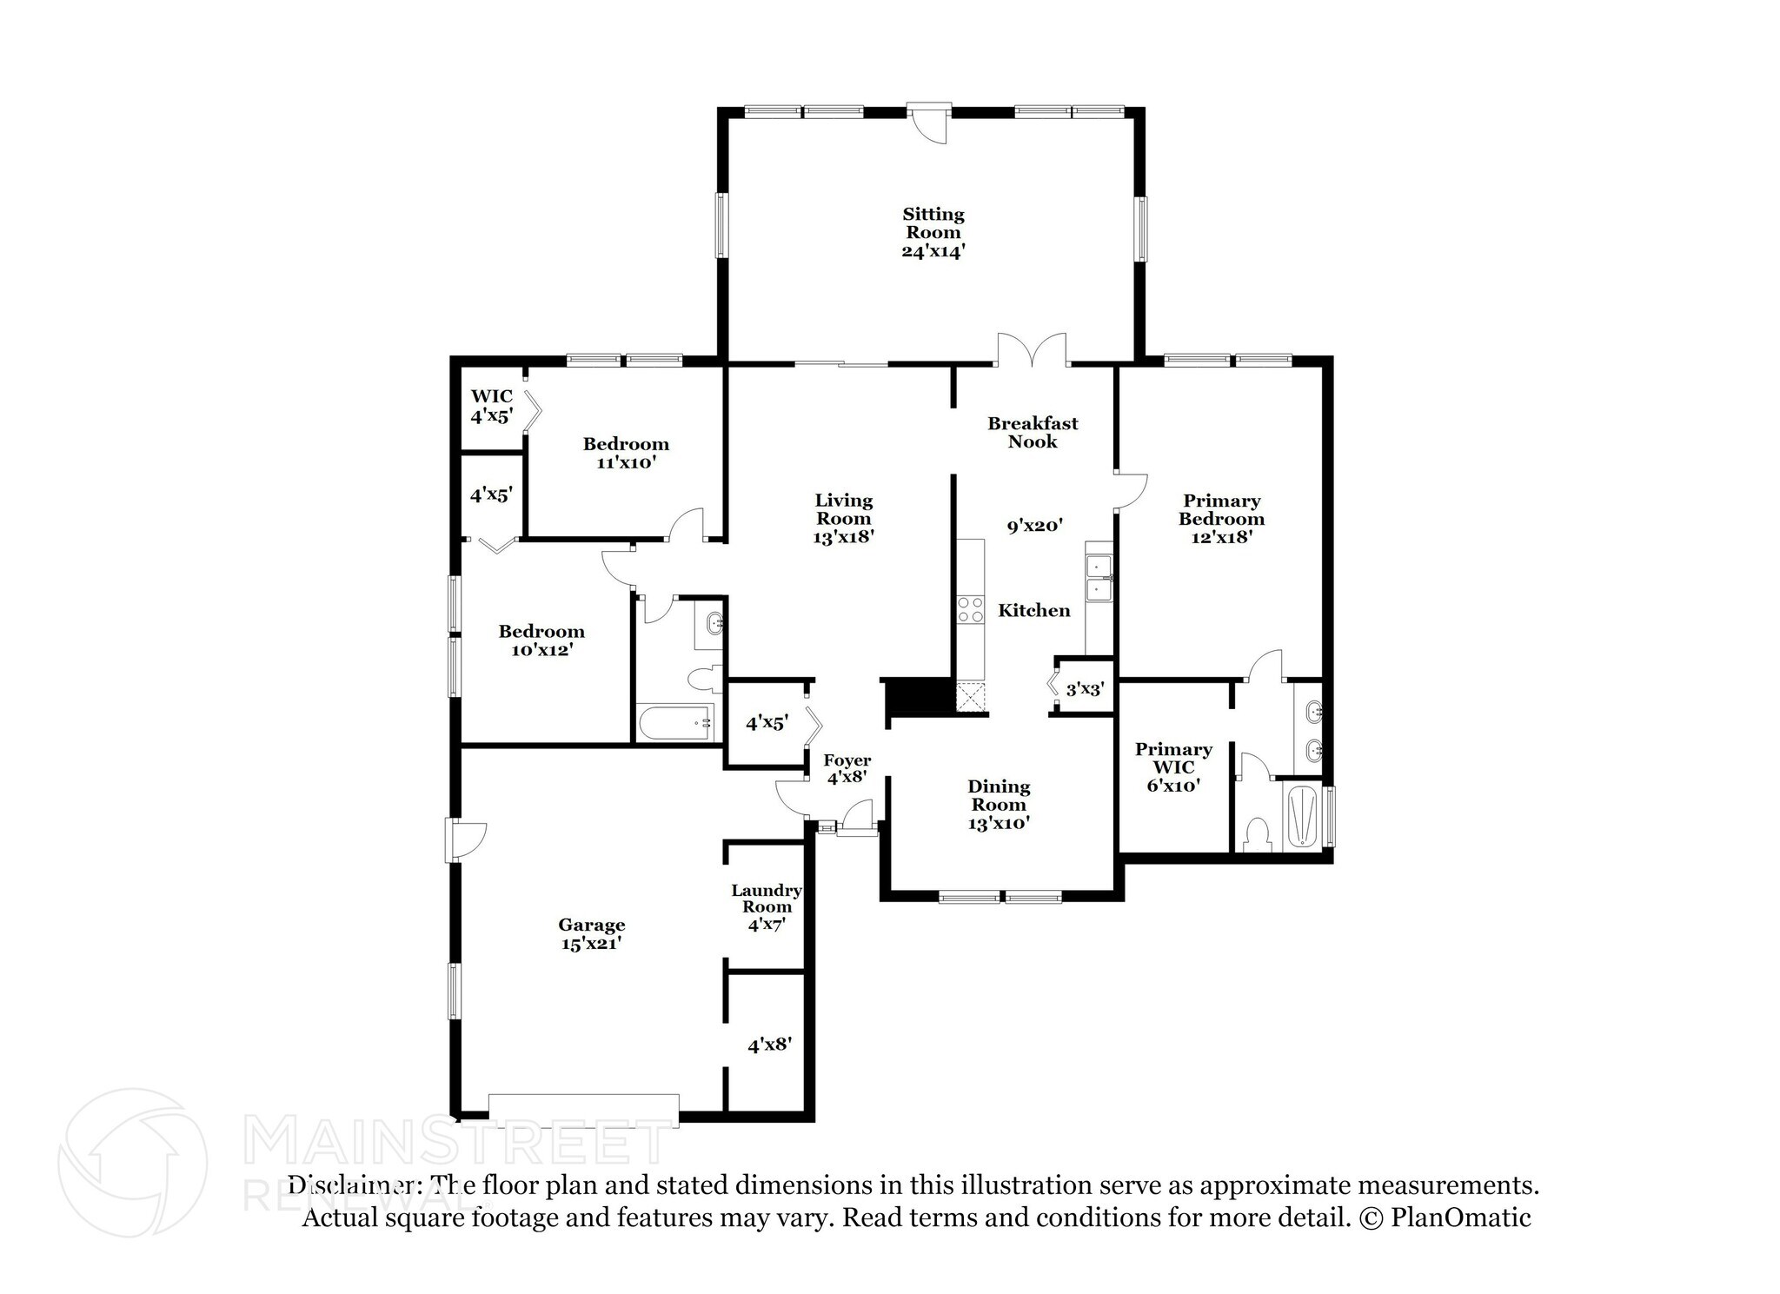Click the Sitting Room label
click(x=933, y=223)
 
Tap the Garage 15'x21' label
click(x=591, y=934)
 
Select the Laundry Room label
click(x=766, y=899)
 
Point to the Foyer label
click(x=847, y=760)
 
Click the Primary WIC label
click(x=1173, y=758)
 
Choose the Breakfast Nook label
click(x=1033, y=432)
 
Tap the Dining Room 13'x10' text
click(x=999, y=805)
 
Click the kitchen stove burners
click(x=970, y=609)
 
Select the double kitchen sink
click(x=1099, y=579)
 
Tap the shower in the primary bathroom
click(x=1300, y=816)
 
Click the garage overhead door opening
click(x=583, y=1105)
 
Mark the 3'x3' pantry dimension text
click(x=1085, y=689)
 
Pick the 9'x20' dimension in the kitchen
click(x=1035, y=525)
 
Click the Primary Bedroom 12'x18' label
click(x=1221, y=519)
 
